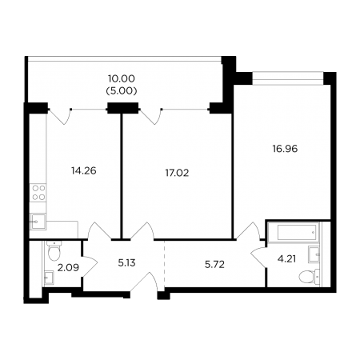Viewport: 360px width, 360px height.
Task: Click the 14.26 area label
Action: tap(84, 170)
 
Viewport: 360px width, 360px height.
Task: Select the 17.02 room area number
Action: tap(177, 173)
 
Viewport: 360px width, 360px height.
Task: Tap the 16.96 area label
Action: tap(285, 149)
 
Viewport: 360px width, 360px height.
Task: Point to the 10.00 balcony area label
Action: tap(122, 78)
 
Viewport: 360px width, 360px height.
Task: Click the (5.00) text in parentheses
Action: tap(122, 91)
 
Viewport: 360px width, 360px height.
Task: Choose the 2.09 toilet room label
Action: tap(68, 267)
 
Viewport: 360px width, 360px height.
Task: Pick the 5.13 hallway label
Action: tap(126, 263)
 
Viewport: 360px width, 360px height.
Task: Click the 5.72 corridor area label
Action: tap(214, 265)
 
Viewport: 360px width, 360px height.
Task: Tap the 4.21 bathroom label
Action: tap(286, 258)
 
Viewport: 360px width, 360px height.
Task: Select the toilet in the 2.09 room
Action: tap(54, 250)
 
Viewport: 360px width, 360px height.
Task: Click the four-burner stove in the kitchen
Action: tap(38, 193)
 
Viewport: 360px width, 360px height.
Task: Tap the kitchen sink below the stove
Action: tap(38, 222)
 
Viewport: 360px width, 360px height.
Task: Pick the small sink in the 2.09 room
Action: tap(49, 278)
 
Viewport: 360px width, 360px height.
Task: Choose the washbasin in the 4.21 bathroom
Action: tap(314, 254)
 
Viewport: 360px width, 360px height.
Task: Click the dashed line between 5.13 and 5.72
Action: tap(165, 263)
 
